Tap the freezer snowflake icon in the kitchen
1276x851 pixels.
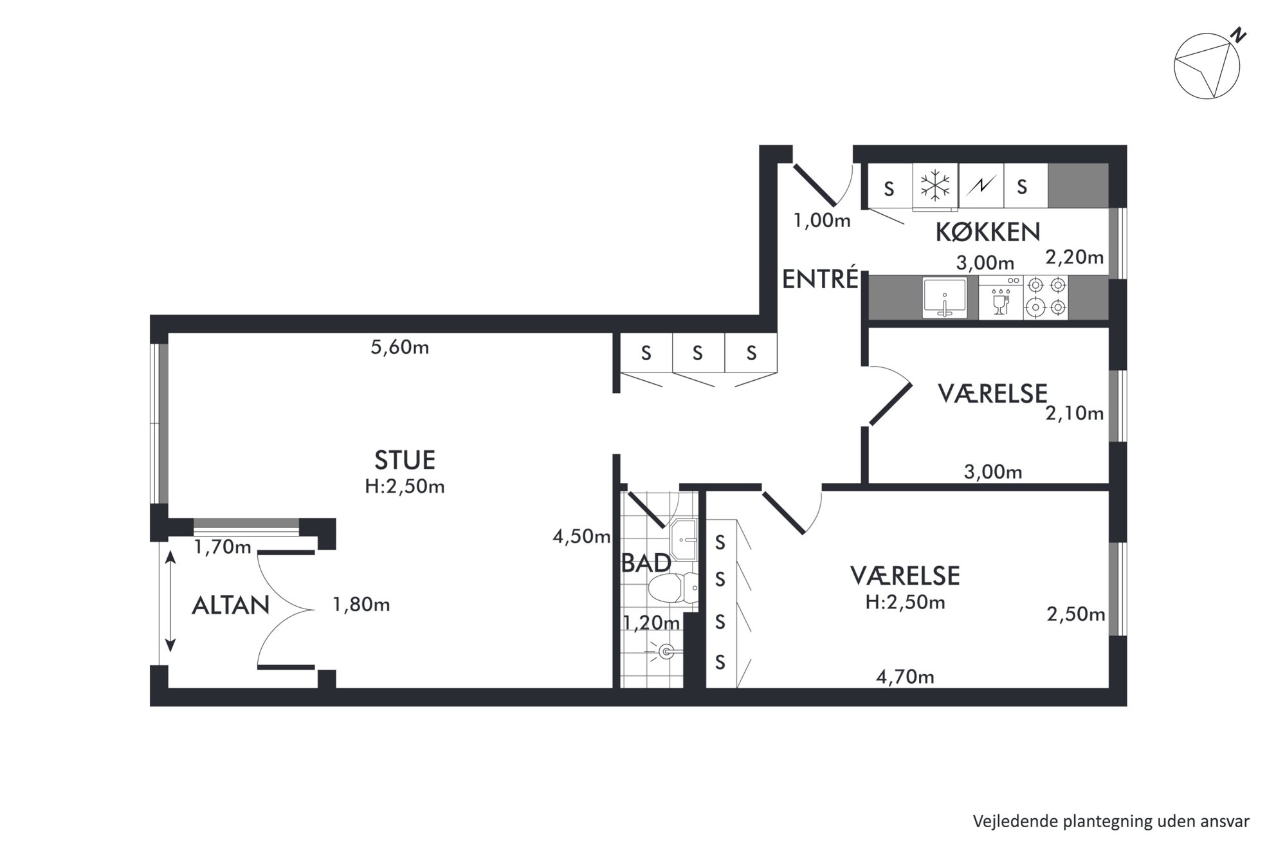click(934, 186)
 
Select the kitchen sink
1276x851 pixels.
click(944, 297)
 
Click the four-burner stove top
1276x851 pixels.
click(1045, 297)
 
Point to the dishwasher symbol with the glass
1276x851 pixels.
click(1001, 297)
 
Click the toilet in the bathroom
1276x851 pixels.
click(673, 587)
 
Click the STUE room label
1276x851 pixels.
click(405, 460)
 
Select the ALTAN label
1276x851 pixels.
click(230, 605)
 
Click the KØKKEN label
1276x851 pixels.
click(987, 232)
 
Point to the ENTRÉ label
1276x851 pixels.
click(820, 279)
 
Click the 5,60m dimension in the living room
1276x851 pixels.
click(400, 347)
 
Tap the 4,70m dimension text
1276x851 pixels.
click(905, 677)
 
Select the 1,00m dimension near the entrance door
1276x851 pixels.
click(822, 221)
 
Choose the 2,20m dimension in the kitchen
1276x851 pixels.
click(1074, 257)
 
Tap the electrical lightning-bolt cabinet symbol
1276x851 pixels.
click(981, 186)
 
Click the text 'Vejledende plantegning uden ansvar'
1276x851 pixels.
click(1111, 821)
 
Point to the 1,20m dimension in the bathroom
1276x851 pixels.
click(651, 623)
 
